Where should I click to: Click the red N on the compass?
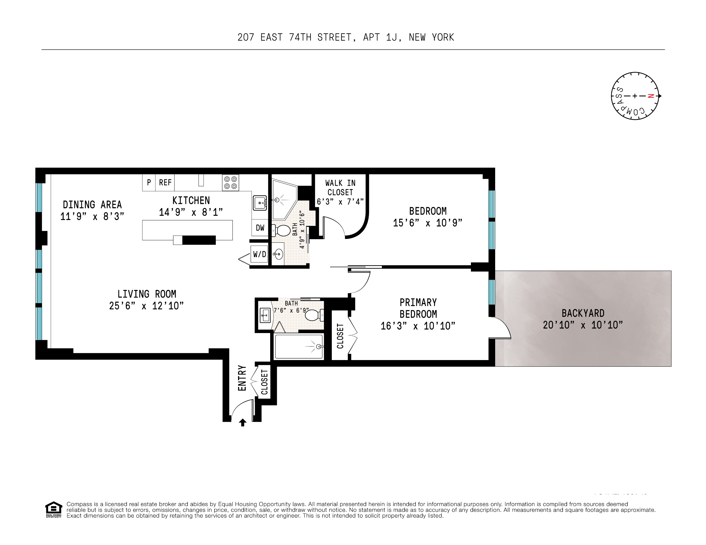[x=651, y=96]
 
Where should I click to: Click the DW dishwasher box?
[x=260, y=228]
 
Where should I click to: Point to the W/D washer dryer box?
[x=259, y=254]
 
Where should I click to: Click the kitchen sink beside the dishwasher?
[x=260, y=203]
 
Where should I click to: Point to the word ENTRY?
[x=242, y=378]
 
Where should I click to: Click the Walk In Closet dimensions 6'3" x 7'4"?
[x=340, y=202]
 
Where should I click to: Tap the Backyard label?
[x=583, y=313]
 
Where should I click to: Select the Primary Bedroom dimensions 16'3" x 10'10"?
[x=418, y=326]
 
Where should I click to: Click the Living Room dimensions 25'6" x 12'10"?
[x=146, y=306]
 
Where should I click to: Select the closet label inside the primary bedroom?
[x=340, y=336]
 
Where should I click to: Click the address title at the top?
[x=346, y=38]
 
